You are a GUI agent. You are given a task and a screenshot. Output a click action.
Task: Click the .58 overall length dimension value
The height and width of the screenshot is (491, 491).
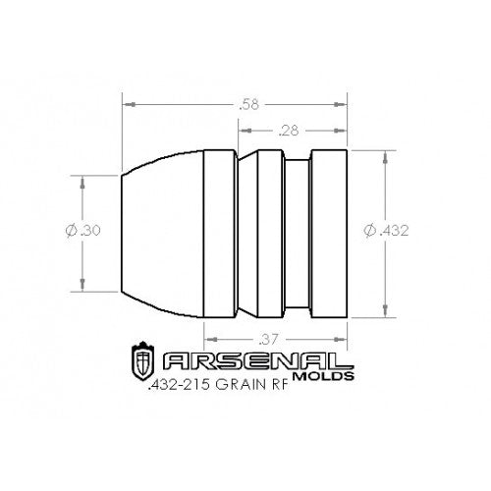pyautogui.click(x=235, y=102)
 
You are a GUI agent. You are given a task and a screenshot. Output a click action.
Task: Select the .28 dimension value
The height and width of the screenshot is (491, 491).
pyautogui.click(x=290, y=129)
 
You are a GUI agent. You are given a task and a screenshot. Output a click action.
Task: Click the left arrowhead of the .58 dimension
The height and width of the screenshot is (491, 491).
pyautogui.click(x=127, y=102)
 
